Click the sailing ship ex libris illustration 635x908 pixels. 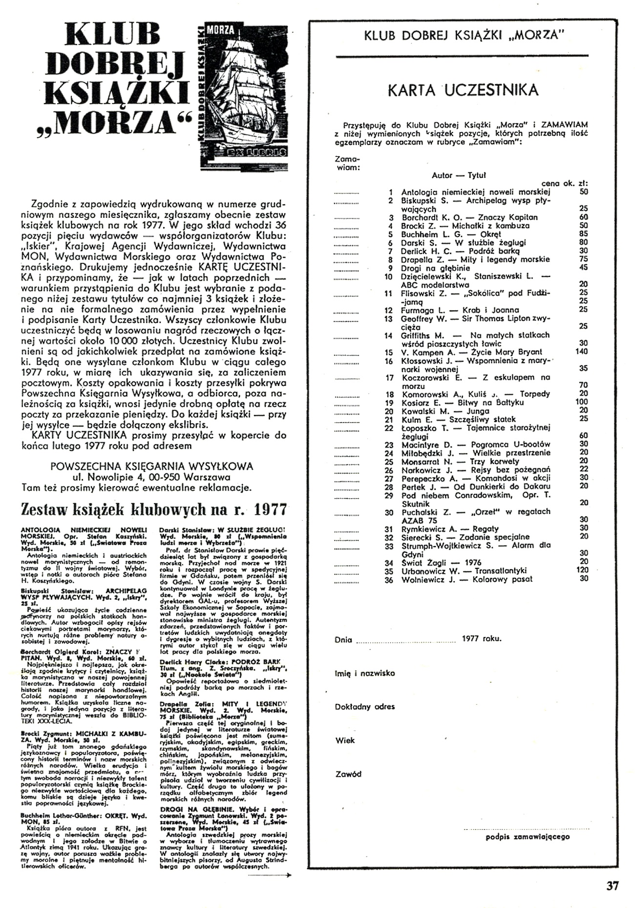pyautogui.click(x=243, y=91)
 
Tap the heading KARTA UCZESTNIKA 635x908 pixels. pyautogui.click(x=463, y=90)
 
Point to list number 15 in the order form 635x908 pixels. pyautogui.click(x=389, y=352)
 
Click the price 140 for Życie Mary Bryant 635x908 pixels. pyautogui.click(x=581, y=352)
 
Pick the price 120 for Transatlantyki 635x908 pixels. pyautogui.click(x=581, y=570)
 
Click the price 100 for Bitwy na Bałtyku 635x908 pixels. pyautogui.click(x=581, y=402)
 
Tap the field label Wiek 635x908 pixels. pyautogui.click(x=345, y=740)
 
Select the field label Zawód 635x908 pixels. pyautogui.click(x=348, y=774)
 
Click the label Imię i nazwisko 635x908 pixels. pyautogui.click(x=365, y=674)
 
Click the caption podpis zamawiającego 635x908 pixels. pyautogui.click(x=528, y=837)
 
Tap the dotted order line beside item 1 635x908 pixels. pyautogui.click(x=346, y=192)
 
